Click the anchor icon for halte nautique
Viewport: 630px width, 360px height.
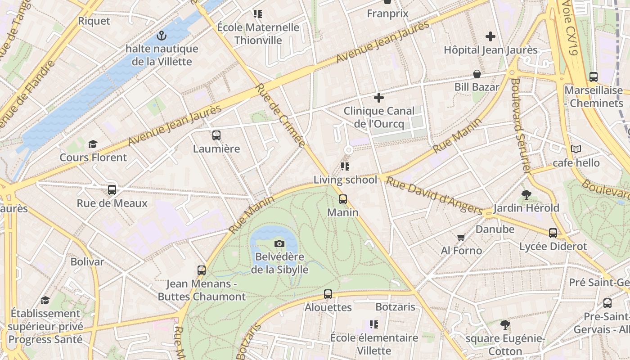[161, 36]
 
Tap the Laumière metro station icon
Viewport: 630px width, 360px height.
[216, 135]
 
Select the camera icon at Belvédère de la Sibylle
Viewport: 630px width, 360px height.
[279, 244]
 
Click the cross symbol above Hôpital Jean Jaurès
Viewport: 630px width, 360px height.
[490, 36]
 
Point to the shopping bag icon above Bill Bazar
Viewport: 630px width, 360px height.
[477, 74]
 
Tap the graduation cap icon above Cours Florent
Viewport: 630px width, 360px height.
[93, 144]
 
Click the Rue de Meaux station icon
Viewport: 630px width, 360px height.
[112, 190]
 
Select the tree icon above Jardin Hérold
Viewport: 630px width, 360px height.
[526, 195]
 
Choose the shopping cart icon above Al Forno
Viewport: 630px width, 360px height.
[461, 237]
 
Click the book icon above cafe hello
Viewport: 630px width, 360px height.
[576, 149]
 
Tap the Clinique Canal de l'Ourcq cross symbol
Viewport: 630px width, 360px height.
[379, 97]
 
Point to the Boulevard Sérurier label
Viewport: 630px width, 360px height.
[521, 126]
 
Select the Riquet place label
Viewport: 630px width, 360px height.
[94, 21]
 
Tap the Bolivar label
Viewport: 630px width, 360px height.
[87, 261]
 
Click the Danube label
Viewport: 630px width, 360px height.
[495, 229]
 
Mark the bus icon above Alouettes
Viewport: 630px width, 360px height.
[328, 294]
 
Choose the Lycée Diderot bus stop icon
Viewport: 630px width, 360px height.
[553, 233]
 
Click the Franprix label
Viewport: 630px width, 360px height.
[387, 13]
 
